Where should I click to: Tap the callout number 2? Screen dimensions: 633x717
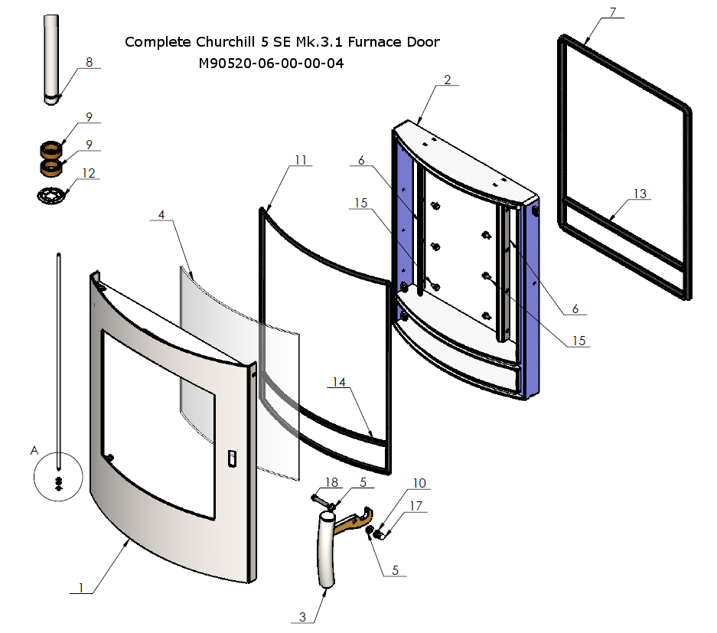447,79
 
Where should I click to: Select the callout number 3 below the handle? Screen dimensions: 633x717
303,617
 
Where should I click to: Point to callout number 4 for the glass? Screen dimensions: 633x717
161,215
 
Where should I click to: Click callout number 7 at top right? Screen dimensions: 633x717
612,11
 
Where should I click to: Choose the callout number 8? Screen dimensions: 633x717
90,63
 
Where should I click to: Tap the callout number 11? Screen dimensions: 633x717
301,160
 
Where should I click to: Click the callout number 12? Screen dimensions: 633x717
90,173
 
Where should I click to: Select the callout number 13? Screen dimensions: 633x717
639,194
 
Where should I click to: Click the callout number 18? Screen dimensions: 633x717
331,482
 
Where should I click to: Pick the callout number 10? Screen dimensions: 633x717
419,483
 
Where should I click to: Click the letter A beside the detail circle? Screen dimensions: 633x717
34,451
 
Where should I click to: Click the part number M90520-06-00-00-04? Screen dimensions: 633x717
271,64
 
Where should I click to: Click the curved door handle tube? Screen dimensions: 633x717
327,551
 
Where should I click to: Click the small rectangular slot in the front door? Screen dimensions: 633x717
232,458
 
